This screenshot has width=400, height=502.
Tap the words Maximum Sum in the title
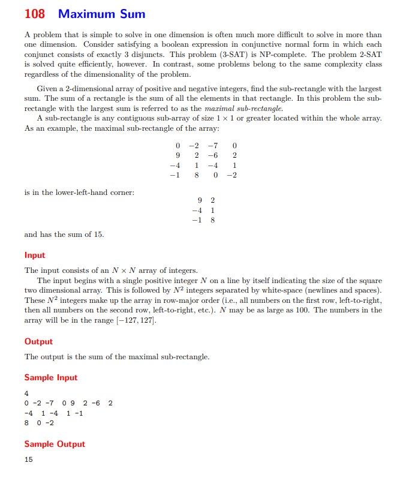[x=102, y=14]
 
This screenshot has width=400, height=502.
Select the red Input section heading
[x=35, y=255]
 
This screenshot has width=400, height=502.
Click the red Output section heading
[x=38, y=341]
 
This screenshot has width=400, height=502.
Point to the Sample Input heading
[x=50, y=377]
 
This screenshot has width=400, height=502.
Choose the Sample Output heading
[x=55, y=444]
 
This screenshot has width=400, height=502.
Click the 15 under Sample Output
[x=28, y=459]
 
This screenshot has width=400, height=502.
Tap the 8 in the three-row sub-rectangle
[x=212, y=220]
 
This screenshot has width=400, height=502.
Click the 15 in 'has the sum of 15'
[x=98, y=235]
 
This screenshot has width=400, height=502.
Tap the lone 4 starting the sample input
[x=26, y=393]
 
